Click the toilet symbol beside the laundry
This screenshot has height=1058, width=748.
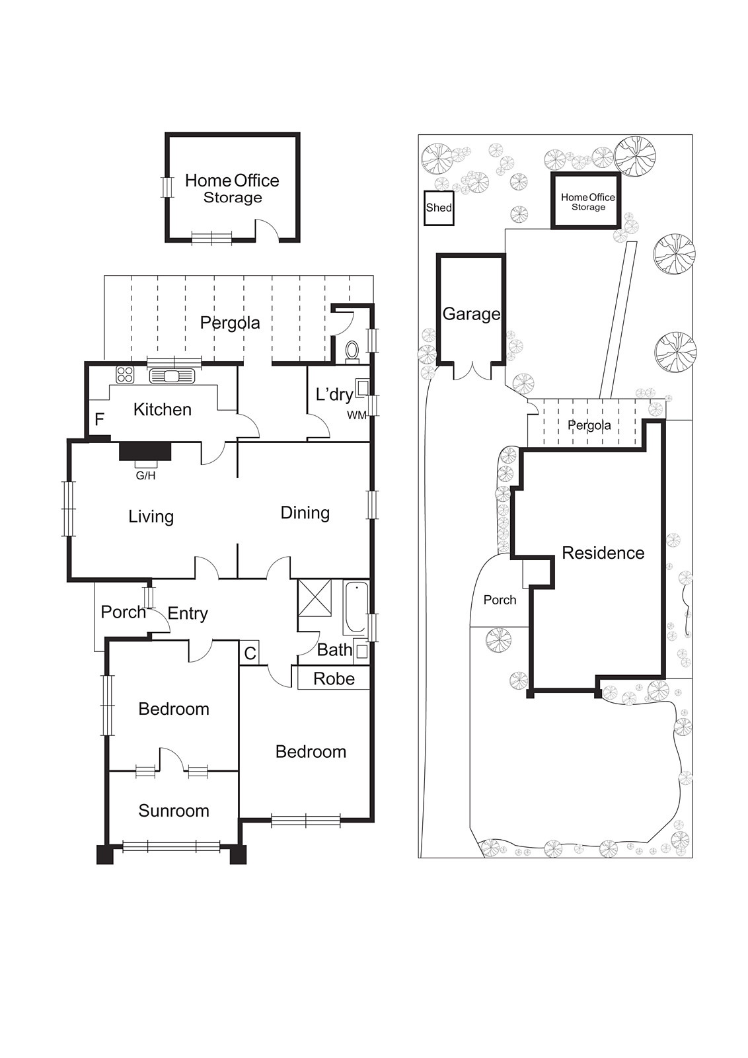[352, 350]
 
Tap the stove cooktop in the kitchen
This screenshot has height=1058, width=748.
[125, 374]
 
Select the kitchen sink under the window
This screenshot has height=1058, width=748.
[172, 376]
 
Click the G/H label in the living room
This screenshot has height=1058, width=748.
[145, 475]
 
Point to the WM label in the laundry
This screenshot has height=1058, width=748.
[357, 415]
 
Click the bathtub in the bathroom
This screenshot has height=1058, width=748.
[354, 608]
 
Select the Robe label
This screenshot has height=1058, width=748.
[334, 679]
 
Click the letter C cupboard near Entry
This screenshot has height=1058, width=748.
[250, 653]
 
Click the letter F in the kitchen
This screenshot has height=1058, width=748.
[100, 419]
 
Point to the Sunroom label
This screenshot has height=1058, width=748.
[173, 811]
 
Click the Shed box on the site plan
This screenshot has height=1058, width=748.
[439, 208]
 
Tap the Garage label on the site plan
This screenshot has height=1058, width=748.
[471, 313]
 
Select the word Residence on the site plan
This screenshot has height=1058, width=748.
[603, 553]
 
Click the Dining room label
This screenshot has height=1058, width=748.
[305, 512]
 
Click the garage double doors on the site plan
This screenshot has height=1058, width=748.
[472, 372]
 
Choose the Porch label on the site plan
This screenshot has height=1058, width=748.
[500, 600]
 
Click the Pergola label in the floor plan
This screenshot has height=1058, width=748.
[230, 323]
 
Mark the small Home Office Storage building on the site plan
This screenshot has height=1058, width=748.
[587, 201]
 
